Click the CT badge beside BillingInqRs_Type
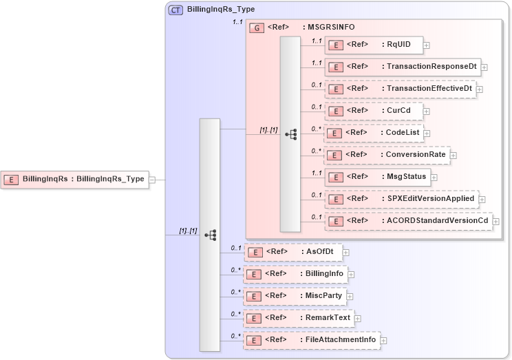tap(175, 11)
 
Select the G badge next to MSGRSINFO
tap(257, 28)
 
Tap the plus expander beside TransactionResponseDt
tap(484, 67)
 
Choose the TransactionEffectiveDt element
tap(401, 89)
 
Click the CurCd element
tap(374, 111)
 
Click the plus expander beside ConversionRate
tap(454, 156)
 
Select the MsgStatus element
tap(378, 177)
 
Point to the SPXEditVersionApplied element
tap(402, 199)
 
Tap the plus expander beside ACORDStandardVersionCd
tap(495, 222)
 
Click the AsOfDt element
tap(294, 252)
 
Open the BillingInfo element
tap(296, 274)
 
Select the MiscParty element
tap(294, 296)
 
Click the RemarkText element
tap(299, 318)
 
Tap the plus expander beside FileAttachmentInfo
tap(384, 340)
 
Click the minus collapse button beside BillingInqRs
tap(152, 180)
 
